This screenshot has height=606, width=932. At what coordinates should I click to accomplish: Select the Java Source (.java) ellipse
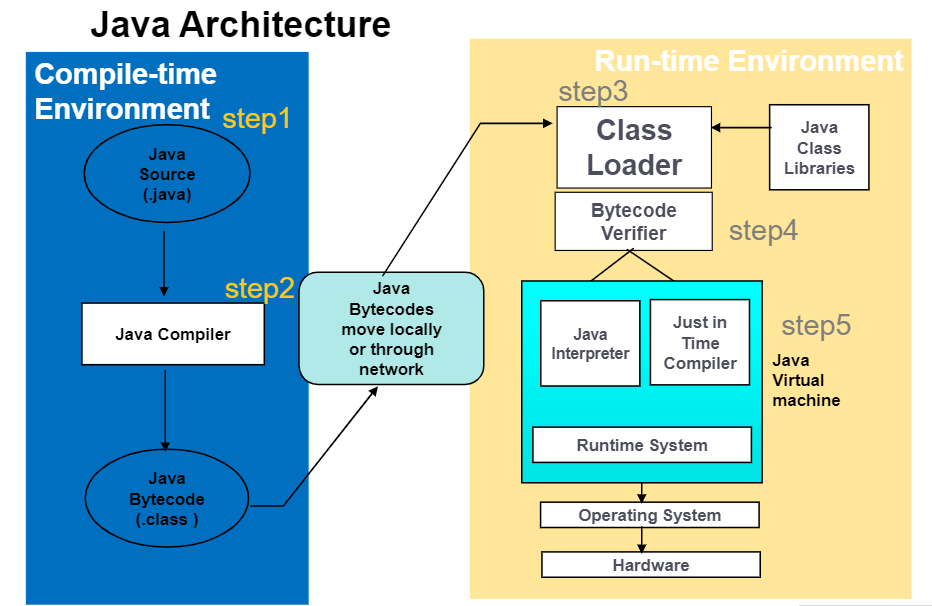click(x=167, y=175)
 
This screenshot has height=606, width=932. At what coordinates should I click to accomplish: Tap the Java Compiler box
click(x=172, y=334)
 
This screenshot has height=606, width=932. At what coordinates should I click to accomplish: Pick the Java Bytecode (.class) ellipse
click(x=167, y=499)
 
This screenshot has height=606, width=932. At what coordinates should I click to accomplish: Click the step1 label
click(x=256, y=119)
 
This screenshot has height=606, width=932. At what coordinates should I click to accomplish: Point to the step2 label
click(x=259, y=289)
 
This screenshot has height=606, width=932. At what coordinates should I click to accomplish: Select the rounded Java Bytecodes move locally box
click(x=391, y=329)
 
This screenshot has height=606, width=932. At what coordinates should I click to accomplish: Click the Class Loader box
click(x=634, y=147)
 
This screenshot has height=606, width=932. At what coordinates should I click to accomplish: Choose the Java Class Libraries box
click(x=819, y=148)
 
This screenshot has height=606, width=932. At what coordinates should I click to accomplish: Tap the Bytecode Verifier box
click(x=634, y=222)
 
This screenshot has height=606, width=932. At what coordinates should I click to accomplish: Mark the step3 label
click(x=593, y=92)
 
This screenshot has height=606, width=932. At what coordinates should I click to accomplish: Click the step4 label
click(x=763, y=231)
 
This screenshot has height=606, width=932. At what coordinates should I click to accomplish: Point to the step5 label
click(x=816, y=326)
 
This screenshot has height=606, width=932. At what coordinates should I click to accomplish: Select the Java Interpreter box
click(x=590, y=343)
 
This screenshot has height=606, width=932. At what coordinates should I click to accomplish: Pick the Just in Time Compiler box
click(x=700, y=343)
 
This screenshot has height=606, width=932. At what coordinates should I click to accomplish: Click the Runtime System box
click(x=642, y=445)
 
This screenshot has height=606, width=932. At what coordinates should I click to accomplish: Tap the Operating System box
click(x=650, y=515)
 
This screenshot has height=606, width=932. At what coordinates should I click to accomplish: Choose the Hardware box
click(x=651, y=565)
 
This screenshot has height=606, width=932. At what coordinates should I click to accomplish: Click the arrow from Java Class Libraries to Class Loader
click(x=740, y=128)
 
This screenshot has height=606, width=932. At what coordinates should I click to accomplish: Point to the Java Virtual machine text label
click(x=805, y=380)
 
